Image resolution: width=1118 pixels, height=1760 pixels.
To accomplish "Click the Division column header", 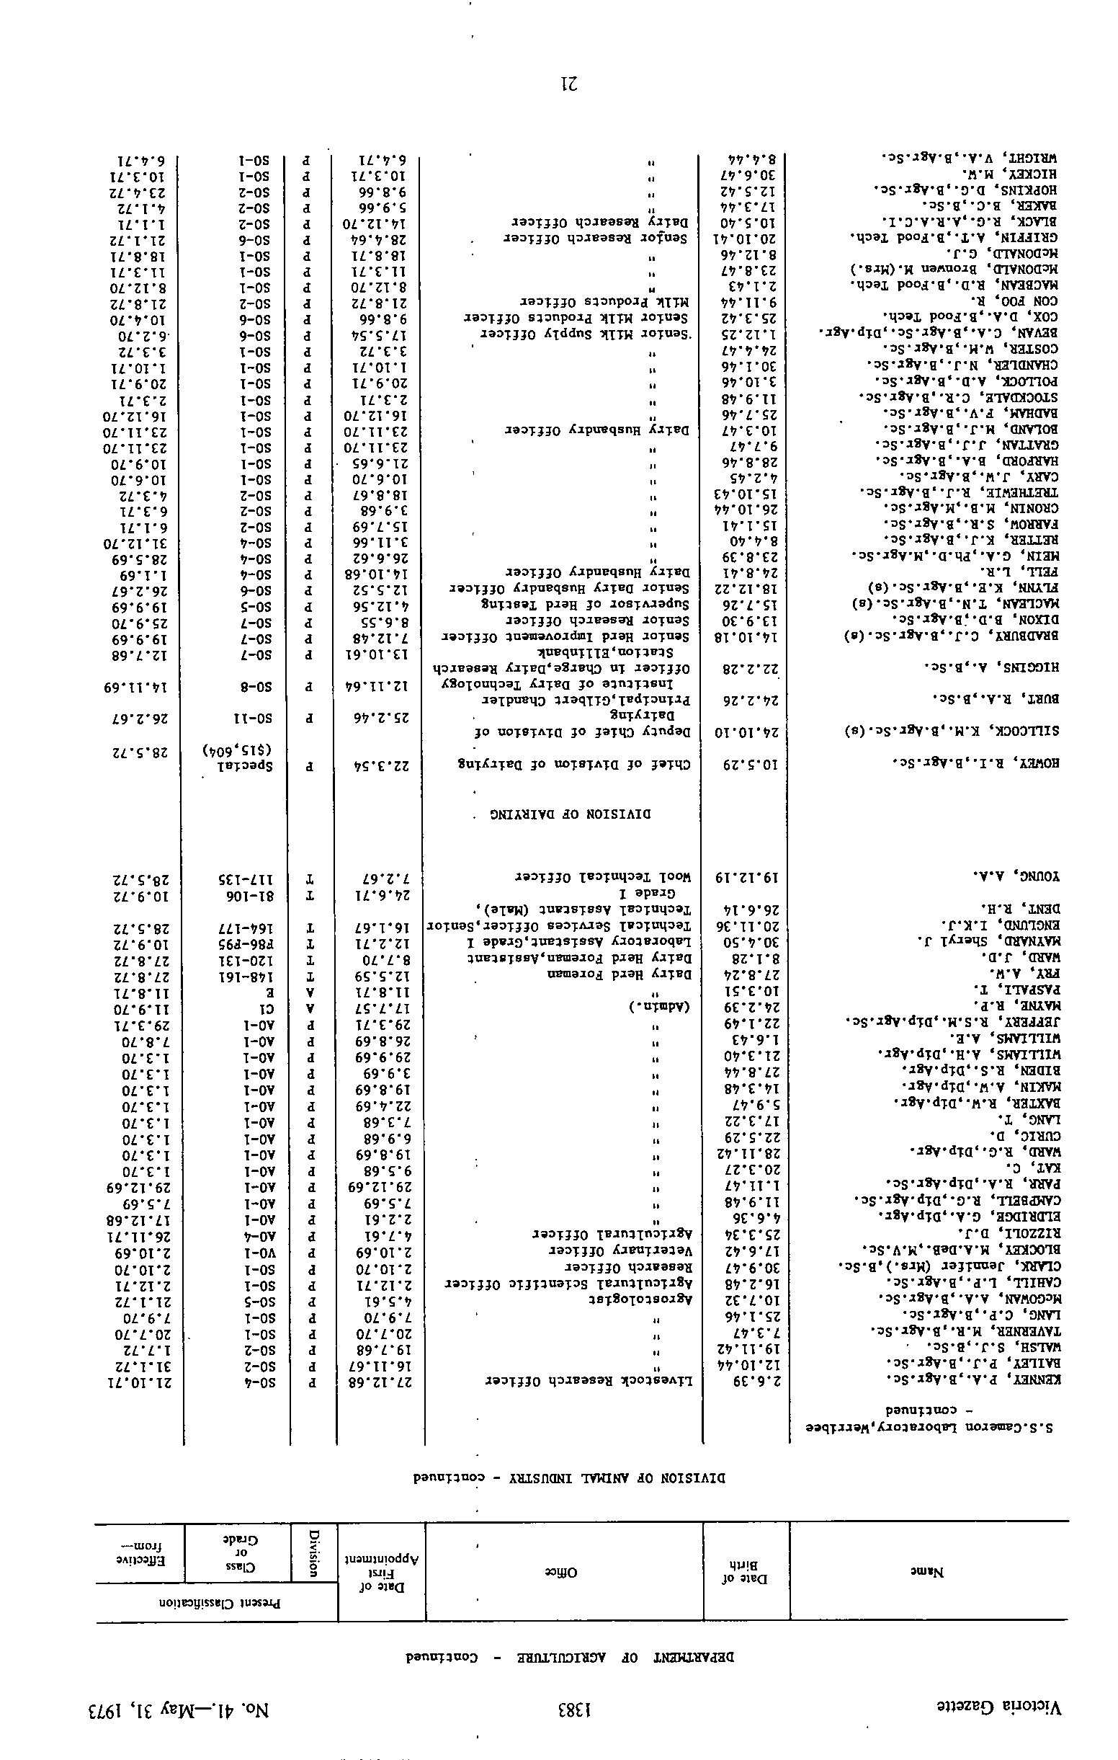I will [314, 1563].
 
